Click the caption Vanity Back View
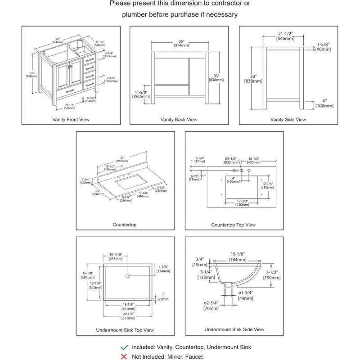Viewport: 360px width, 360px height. pos(179,120)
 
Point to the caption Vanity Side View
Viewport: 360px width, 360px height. pos(288,120)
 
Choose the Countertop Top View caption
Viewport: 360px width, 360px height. pos(233,225)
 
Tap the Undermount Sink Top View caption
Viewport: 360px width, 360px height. pos(125,330)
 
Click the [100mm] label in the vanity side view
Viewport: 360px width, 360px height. pos(324,106)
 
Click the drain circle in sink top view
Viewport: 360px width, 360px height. pos(128,275)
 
